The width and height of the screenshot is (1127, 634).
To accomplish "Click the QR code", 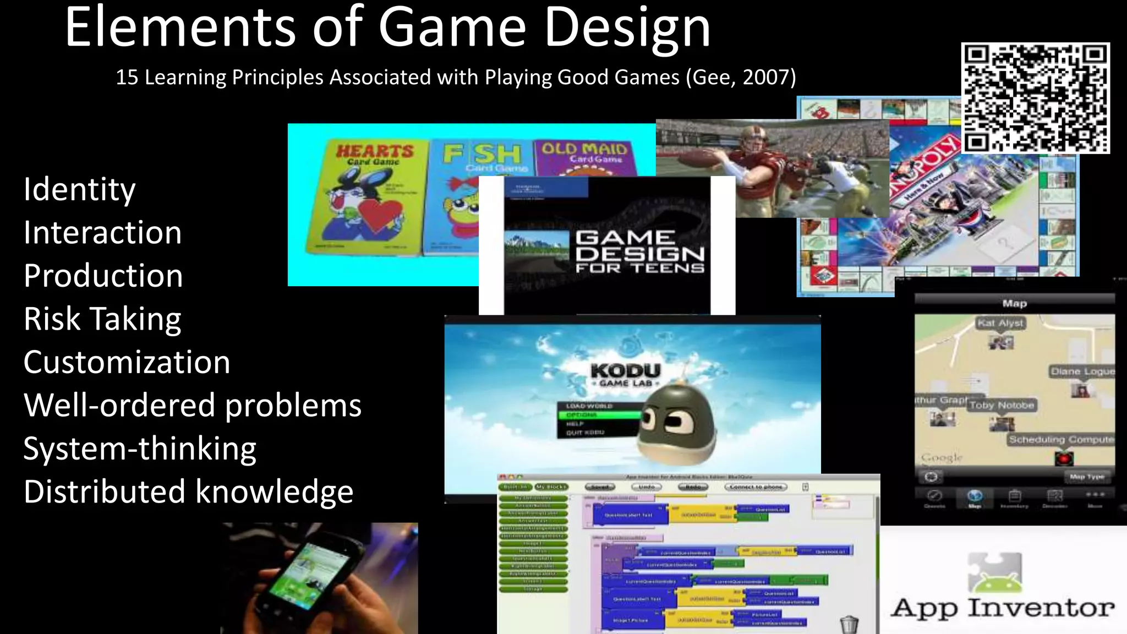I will (1035, 98).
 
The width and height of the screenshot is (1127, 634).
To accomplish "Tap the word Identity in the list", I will (79, 190).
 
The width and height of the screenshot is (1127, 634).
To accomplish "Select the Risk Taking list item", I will (102, 319).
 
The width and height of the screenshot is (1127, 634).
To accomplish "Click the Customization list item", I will (127, 363).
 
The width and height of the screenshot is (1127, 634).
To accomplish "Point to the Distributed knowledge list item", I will (188, 492).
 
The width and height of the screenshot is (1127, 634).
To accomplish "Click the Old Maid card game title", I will (584, 150).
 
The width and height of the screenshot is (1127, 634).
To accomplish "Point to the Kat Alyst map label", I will (1000, 323).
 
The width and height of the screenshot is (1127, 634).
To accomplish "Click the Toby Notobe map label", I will (1002, 405).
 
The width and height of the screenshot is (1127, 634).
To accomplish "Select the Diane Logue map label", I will (1082, 371).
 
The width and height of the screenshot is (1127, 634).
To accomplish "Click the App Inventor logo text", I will (1003, 608).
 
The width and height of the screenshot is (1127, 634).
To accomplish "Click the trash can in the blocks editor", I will (849, 624).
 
